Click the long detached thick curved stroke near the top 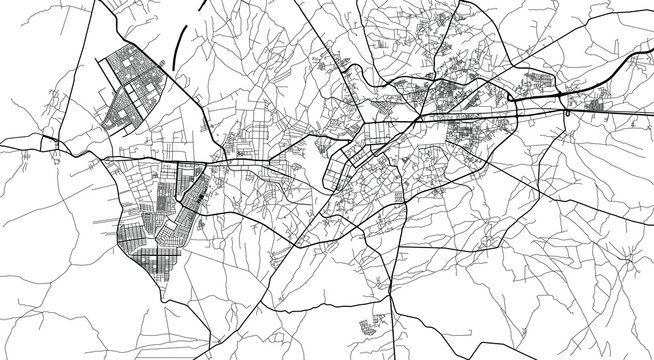pyautogui.click(x=182, y=45)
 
